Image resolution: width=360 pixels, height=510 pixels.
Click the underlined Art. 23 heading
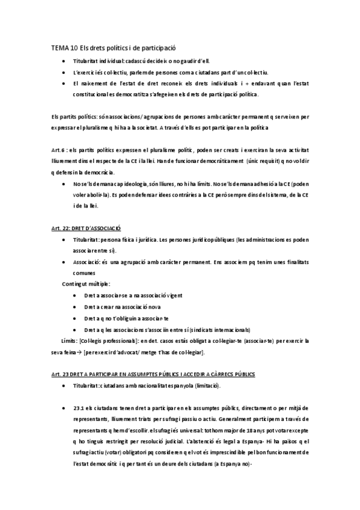[x=153, y=374]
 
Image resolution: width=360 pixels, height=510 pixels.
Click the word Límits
[x=69, y=340]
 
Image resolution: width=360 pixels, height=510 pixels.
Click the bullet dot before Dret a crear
[x=74, y=307]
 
